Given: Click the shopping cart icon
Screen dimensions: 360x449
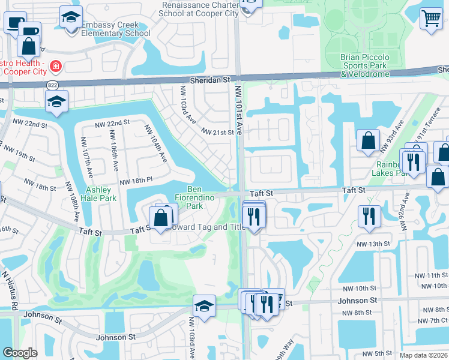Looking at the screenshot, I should click(x=431, y=19).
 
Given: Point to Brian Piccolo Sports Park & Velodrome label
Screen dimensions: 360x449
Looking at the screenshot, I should click(x=365, y=65).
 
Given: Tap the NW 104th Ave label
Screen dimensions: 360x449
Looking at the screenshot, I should click(x=154, y=143).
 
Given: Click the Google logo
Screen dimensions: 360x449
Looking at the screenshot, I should click(x=20, y=353).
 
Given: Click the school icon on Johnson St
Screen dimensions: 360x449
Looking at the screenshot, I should click(x=204, y=305).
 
